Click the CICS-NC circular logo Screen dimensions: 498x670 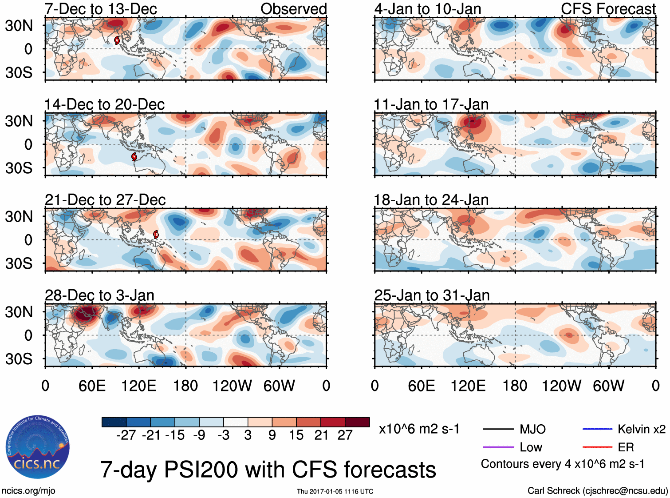click(x=37, y=447)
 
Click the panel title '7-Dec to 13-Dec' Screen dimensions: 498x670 click(x=101, y=8)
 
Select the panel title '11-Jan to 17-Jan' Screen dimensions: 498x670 click(x=431, y=104)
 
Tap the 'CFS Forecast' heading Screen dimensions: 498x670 click(x=608, y=8)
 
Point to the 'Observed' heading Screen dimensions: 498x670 click(x=293, y=8)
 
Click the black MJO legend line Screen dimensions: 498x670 click(x=498, y=429)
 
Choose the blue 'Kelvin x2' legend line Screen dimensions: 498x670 click(x=597, y=429)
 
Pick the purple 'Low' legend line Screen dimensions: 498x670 click(x=498, y=447)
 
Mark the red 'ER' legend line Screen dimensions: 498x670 click(x=597, y=447)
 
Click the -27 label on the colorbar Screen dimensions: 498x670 click(x=126, y=435)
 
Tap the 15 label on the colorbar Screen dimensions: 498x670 click(x=296, y=435)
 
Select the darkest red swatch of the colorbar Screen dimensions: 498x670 click(x=357, y=422)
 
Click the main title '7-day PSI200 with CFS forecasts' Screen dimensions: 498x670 click(x=268, y=470)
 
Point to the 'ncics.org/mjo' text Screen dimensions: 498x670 click(x=28, y=490)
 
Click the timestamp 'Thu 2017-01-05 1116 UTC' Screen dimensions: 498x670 click(x=335, y=491)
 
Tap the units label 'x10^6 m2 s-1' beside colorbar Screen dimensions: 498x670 click(x=419, y=429)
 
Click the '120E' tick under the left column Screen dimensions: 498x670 click(x=138, y=386)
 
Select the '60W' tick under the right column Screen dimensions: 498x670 click(x=608, y=386)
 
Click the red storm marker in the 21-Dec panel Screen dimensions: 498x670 click(x=156, y=234)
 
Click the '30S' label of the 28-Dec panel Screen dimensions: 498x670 click(x=19, y=359)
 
